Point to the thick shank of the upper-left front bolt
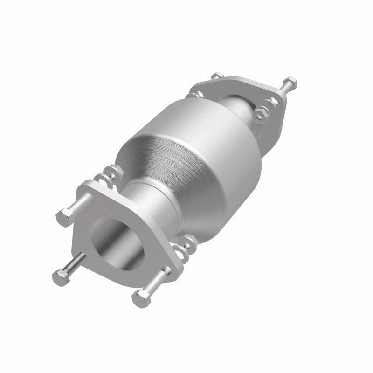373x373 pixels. click(x=79, y=205)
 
